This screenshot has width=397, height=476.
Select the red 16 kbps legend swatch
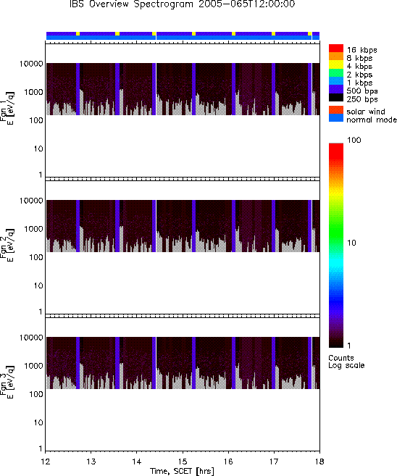336,49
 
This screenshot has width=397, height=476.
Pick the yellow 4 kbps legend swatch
336,64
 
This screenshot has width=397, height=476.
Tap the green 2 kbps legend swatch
336,73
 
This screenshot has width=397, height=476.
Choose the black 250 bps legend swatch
336,98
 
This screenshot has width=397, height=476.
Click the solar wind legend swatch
336,110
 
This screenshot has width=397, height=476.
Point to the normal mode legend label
372,120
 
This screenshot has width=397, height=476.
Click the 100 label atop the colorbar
354,140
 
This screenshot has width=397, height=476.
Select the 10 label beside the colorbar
351,243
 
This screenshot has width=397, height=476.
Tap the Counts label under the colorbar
341,358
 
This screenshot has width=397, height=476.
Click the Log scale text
346,365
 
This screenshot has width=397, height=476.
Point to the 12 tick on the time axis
45,462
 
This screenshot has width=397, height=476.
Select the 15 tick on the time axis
183,462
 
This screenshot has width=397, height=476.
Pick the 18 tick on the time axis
319,462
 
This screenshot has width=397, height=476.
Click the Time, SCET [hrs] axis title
182,471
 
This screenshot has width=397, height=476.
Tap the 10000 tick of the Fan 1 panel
31,64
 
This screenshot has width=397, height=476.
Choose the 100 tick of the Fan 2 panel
36,257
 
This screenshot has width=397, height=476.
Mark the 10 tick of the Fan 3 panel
38,423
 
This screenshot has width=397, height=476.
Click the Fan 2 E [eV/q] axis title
7,246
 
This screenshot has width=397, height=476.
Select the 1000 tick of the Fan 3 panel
34,366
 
